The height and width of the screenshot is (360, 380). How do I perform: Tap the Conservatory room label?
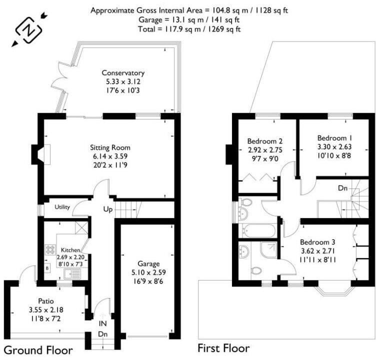[x=123, y=72]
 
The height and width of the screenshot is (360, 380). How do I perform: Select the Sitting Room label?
[x=110, y=147]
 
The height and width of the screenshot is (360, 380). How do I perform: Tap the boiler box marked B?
[x=47, y=268]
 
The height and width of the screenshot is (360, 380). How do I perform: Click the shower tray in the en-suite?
[x=268, y=250]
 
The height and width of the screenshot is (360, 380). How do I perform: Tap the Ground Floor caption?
[x=38, y=349]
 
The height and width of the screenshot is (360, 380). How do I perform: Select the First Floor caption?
[x=223, y=347]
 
